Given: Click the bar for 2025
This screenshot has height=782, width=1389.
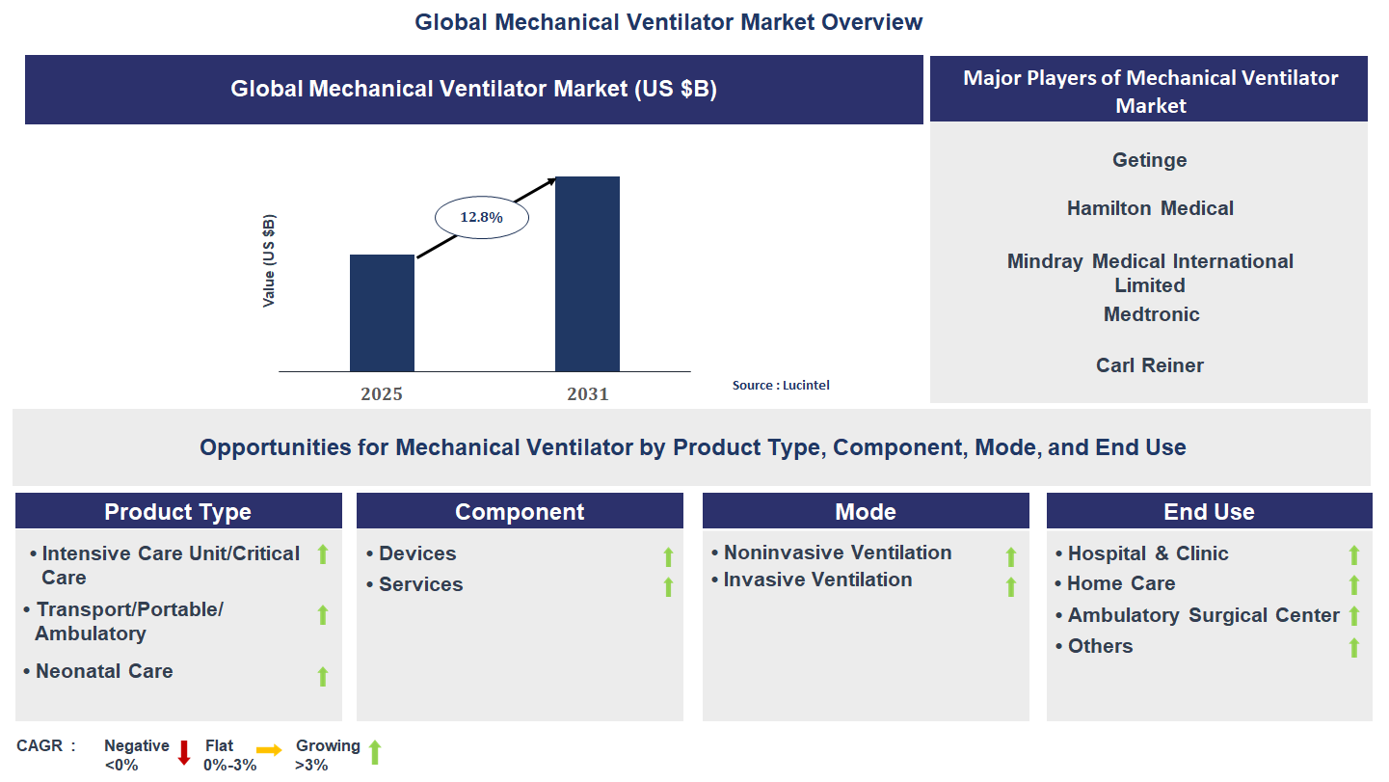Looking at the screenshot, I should pos(382,313).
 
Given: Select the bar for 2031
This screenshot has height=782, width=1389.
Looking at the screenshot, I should pos(587,274).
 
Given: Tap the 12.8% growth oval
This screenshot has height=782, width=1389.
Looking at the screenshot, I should pos(482,218).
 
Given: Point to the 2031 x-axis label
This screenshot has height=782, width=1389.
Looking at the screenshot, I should pos(588,393).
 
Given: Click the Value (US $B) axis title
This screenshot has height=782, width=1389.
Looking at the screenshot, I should pos(269,261).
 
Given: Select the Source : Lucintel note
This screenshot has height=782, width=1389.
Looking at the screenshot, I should pos(781,385).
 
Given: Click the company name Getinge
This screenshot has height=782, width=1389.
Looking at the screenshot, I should pos(1149,160).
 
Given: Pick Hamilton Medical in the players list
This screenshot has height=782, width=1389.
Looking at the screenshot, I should pos(1150,208).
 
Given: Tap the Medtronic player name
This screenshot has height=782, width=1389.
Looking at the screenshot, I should pos(1151,314).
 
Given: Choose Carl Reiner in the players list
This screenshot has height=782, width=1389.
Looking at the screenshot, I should pos(1150,365).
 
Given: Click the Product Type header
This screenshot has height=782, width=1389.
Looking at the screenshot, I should pos(178,512).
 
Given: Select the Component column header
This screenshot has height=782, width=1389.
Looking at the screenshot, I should pos(520,512).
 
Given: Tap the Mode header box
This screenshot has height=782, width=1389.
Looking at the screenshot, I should pos(866,512).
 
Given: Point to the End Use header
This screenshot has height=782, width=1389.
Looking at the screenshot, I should pos(1209,512).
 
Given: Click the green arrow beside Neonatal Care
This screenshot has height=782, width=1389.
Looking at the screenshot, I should pos(323,676).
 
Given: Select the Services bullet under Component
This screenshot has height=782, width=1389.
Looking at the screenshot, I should pos(420,584).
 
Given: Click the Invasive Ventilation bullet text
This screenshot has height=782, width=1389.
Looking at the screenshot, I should pos(817,580).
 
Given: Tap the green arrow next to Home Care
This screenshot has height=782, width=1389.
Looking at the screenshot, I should pos(1353,585).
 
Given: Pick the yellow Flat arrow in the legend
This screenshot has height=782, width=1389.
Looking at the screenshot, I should pos(269,749).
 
